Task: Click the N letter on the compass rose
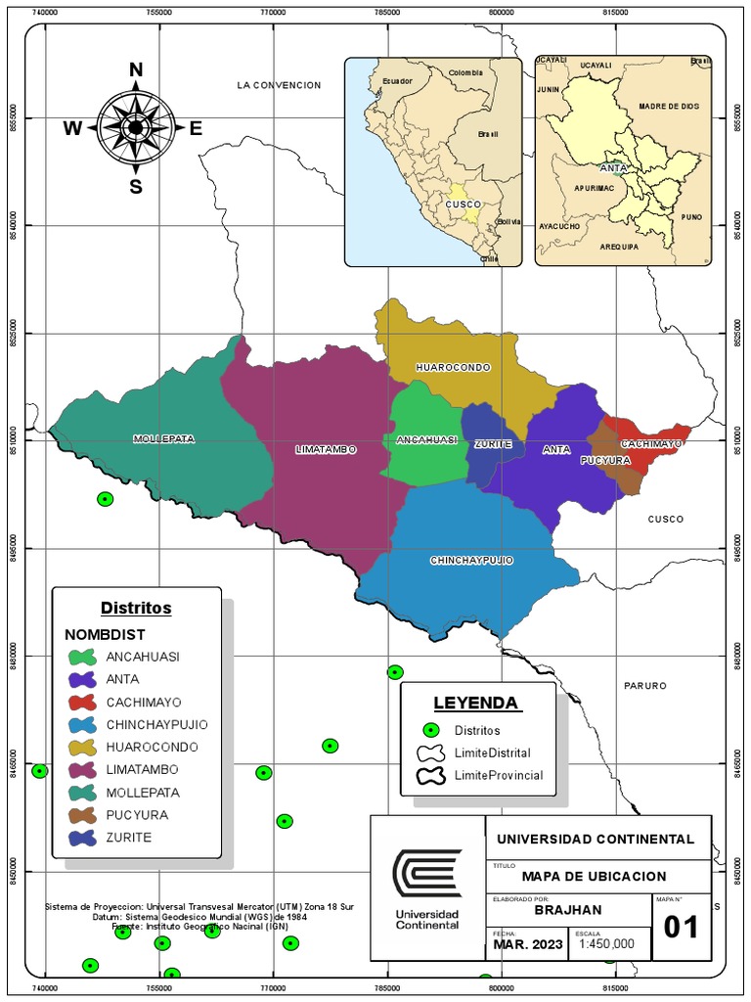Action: [x=136, y=69]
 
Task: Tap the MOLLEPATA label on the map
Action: [x=163, y=439]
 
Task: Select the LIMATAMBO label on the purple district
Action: [x=326, y=450]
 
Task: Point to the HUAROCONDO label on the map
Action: [x=453, y=368]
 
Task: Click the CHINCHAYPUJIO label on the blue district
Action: [x=471, y=561]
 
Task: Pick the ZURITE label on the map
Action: [x=493, y=444]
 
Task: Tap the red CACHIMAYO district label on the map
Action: [x=651, y=444]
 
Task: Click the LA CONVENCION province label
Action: [x=279, y=86]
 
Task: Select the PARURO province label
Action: [x=644, y=686]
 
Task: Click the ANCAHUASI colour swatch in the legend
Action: [x=82, y=657]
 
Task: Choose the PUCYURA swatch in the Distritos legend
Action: [x=82, y=815]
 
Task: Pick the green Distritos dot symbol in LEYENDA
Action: [x=428, y=730]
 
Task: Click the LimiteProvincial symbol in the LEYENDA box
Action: [x=428, y=776]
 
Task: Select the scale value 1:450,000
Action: [x=606, y=943]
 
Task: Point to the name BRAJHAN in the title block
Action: [x=567, y=909]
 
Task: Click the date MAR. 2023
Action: [x=527, y=943]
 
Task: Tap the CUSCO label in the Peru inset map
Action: [x=462, y=204]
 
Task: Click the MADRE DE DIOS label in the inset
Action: [x=669, y=106]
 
